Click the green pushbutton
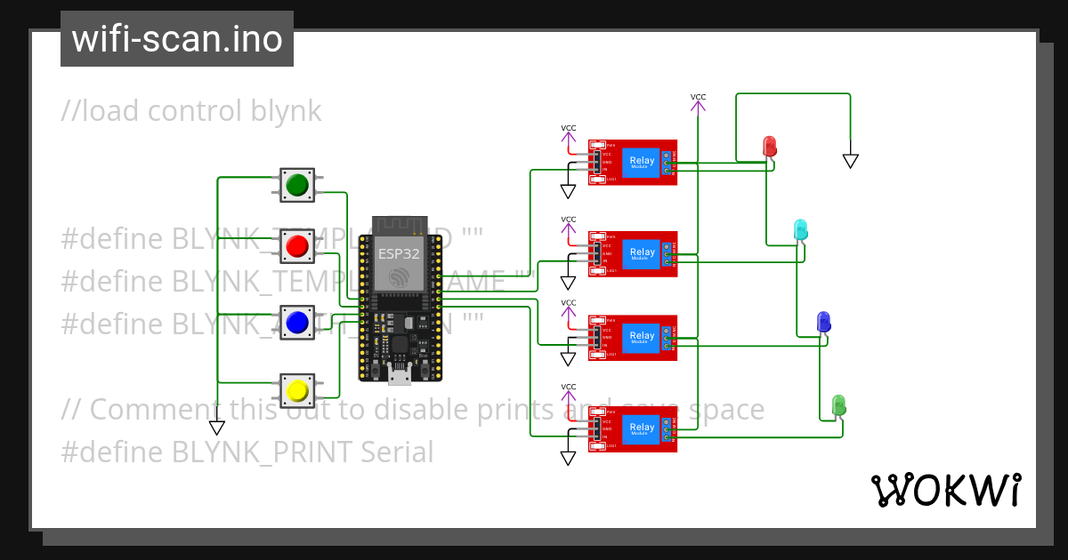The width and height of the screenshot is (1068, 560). (296, 185)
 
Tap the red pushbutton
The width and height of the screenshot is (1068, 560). (296, 245)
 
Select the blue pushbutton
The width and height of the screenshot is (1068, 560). (296, 322)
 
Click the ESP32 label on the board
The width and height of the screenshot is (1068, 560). (398, 253)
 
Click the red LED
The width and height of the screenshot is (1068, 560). (770, 147)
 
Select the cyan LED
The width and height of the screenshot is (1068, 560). (800, 229)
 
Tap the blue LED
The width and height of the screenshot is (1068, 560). (823, 322)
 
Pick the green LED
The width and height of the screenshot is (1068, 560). (837, 405)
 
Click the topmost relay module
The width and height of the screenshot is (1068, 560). (632, 162)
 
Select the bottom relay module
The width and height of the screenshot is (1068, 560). (632, 428)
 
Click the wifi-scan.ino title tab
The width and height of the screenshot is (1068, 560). (176, 39)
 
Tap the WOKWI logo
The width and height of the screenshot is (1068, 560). (945, 491)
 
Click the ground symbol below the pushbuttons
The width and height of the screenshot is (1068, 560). (216, 428)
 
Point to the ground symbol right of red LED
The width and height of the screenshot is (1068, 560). (850, 161)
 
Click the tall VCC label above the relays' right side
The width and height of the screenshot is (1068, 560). (698, 97)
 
